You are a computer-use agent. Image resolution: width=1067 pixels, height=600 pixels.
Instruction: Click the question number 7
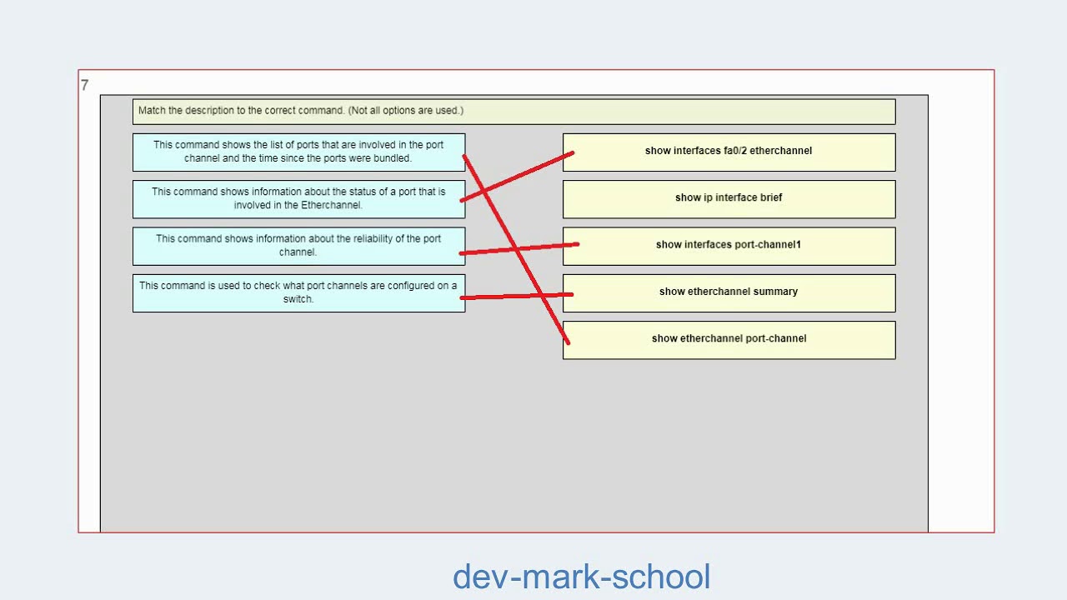click(x=84, y=85)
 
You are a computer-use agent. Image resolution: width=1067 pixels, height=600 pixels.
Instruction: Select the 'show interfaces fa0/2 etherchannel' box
click(x=729, y=152)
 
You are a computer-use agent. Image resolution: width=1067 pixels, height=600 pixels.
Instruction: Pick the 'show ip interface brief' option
click(x=729, y=198)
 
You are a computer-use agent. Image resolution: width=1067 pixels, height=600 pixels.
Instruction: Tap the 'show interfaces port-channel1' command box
click(x=729, y=245)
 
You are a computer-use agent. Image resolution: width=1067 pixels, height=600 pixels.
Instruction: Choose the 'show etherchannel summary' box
click(x=729, y=292)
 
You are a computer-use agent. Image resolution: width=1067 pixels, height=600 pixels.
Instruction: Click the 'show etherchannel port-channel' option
click(x=729, y=339)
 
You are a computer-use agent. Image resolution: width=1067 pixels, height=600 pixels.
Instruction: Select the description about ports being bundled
click(x=298, y=152)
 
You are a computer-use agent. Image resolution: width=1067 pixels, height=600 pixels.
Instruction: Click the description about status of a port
click(x=298, y=198)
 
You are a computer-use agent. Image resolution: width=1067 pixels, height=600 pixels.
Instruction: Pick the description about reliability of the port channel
click(x=298, y=245)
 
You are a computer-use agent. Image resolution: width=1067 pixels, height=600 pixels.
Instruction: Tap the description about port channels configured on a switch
click(x=298, y=292)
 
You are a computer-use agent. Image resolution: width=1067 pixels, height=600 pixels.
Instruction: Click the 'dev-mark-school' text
click(x=581, y=577)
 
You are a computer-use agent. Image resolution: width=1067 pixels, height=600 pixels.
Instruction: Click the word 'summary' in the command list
click(x=777, y=292)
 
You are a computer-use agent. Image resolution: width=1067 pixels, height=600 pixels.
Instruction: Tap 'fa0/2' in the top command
click(x=734, y=151)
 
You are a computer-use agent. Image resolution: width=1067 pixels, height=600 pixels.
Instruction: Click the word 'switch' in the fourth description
click(x=297, y=299)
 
